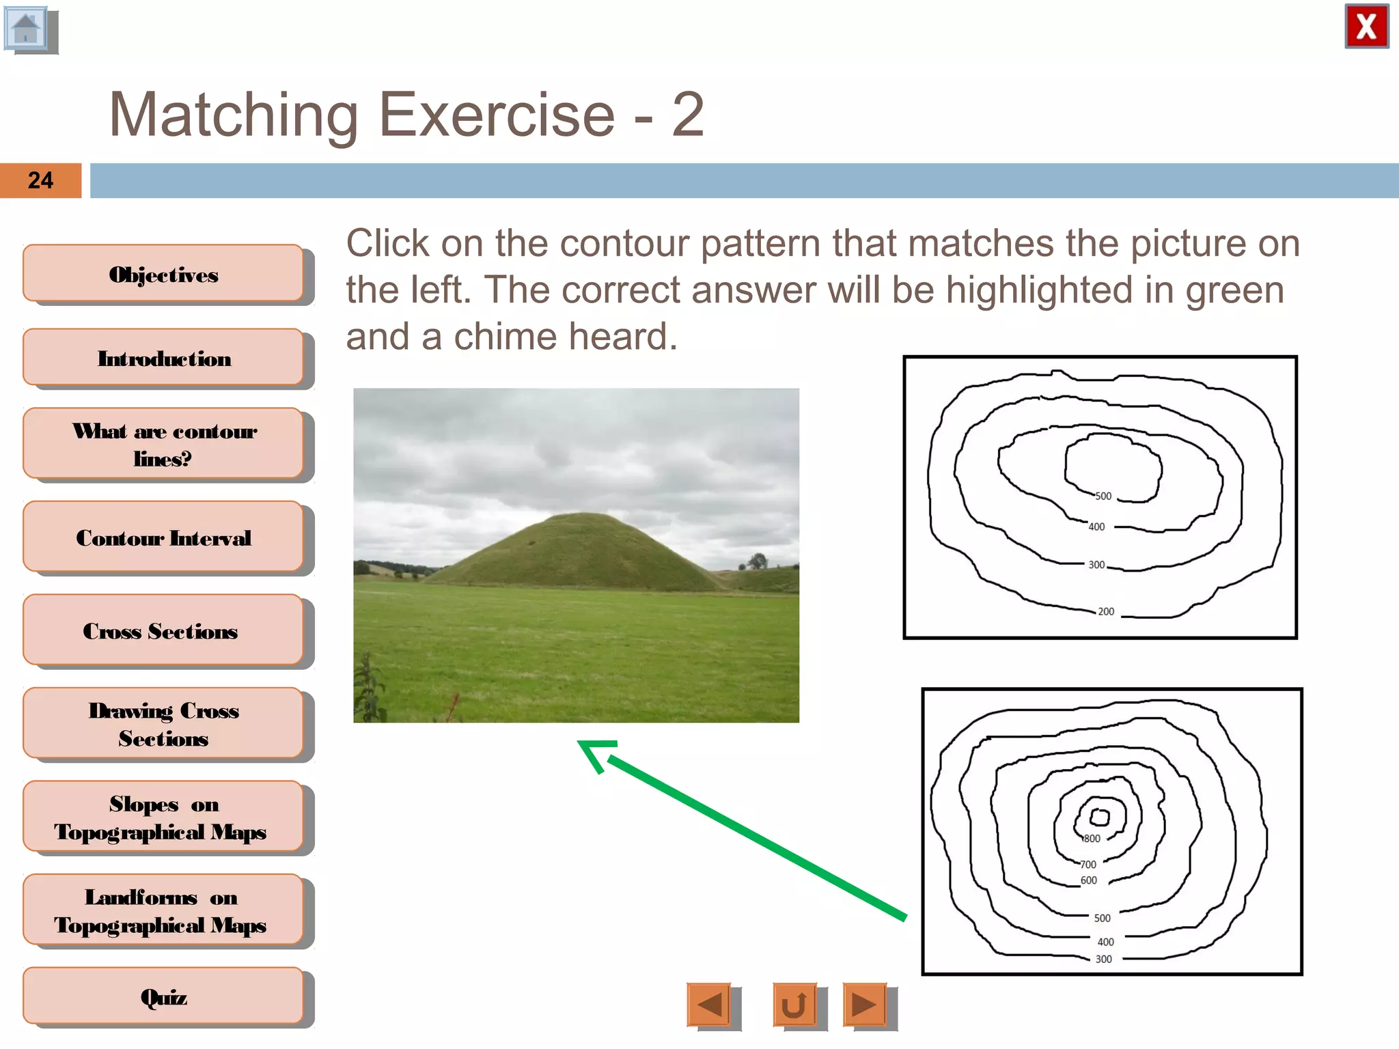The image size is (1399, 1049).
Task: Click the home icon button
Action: pyautogui.click(x=27, y=29)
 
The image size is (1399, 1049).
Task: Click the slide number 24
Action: pyautogui.click(x=40, y=180)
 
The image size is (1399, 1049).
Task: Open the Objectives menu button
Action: pyautogui.click(x=163, y=274)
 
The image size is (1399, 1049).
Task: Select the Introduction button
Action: pyautogui.click(x=163, y=358)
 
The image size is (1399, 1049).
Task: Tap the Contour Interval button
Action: pyautogui.click(x=163, y=537)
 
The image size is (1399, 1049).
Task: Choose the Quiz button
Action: pyautogui.click(x=163, y=996)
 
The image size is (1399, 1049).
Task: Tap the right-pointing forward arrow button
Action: pyautogui.click(x=864, y=1004)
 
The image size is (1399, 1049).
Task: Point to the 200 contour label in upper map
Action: pyautogui.click(x=1106, y=611)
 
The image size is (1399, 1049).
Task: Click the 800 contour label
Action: pyautogui.click(x=1092, y=839)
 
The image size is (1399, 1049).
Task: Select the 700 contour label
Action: pyautogui.click(x=1088, y=865)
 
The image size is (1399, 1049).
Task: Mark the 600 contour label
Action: pyautogui.click(x=1089, y=880)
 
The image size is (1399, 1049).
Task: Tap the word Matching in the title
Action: pyautogui.click(x=234, y=115)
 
